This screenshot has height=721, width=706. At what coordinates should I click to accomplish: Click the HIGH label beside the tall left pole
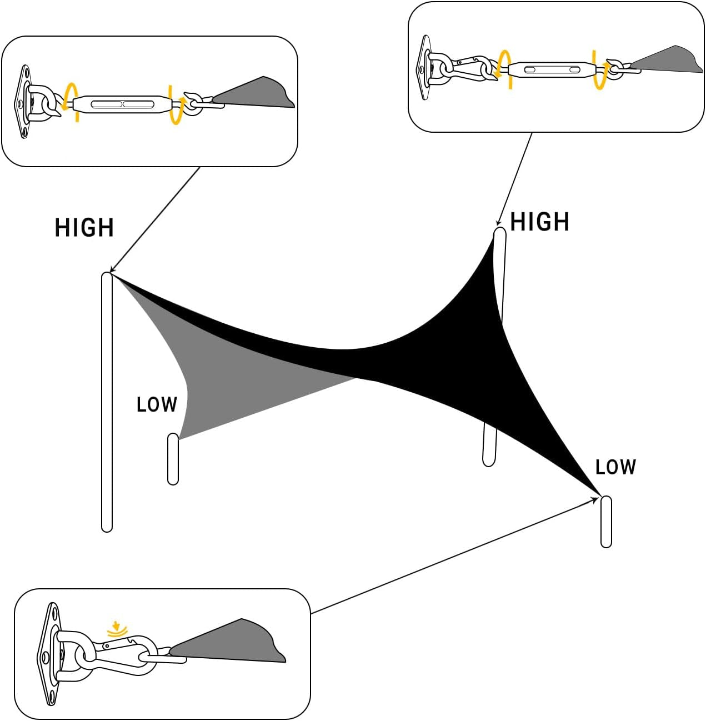[84, 228]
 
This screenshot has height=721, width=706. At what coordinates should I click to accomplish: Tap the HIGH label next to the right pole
[539, 222]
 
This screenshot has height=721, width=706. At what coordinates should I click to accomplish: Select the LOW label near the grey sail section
[157, 404]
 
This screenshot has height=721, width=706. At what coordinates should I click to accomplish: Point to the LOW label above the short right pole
[615, 467]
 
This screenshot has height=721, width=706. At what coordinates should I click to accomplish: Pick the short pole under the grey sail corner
[173, 459]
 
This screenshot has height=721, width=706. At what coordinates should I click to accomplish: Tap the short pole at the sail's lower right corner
[606, 522]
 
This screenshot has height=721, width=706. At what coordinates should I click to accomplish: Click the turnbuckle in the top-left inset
[123, 104]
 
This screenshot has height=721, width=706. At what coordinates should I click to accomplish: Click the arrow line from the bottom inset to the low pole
[455, 555]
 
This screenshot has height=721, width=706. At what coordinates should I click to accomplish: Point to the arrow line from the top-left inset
[156, 219]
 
